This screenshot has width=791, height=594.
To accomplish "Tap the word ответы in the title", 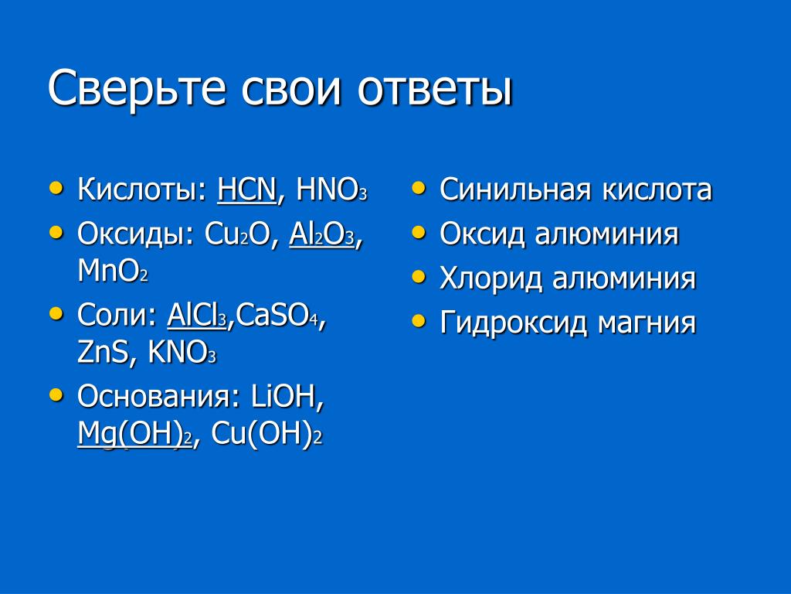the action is (x=436, y=90).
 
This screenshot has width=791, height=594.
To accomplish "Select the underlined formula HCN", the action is (x=246, y=190).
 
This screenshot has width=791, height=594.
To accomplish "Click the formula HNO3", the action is (x=331, y=190).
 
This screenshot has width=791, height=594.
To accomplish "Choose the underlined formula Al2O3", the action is (x=322, y=234).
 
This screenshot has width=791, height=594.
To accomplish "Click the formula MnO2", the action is (x=113, y=271).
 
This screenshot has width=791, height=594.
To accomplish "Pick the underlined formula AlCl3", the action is (x=197, y=315).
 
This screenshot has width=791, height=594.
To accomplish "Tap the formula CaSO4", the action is (x=277, y=315).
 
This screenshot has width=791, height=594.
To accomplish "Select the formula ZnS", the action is (x=103, y=352).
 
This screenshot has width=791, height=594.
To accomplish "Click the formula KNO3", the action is (x=182, y=352).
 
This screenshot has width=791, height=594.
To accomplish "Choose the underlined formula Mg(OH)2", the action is (x=134, y=433).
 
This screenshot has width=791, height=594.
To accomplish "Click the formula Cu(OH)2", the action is (x=266, y=433).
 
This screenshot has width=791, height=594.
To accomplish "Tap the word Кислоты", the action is (x=137, y=190).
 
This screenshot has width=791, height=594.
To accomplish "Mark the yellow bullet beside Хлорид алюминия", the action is (x=418, y=277).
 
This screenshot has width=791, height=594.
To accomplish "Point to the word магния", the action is (x=647, y=323).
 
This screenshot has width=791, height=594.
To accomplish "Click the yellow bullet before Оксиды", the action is (x=56, y=233).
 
